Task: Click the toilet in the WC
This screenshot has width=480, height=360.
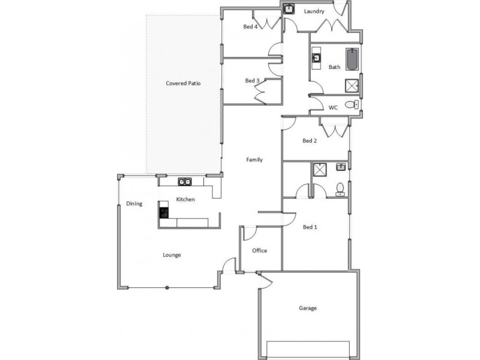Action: [355, 105]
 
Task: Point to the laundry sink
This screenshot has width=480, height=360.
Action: [289, 9]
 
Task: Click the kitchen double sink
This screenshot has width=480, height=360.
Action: [184, 182]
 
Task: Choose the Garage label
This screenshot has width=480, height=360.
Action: [308, 308]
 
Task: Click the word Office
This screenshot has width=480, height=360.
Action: [259, 251]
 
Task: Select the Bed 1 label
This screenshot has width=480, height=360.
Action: [310, 227]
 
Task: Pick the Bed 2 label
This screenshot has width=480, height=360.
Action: [310, 142]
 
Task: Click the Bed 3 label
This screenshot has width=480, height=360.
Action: [252, 81]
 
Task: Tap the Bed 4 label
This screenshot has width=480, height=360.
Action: [250, 27]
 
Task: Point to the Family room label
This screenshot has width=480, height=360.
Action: [254, 160]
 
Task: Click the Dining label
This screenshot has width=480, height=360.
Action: [134, 204]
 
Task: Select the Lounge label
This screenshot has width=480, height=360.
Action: [172, 255]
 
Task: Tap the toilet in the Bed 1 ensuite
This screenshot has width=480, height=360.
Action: [340, 190]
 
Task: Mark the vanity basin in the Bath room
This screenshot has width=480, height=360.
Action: [316, 58]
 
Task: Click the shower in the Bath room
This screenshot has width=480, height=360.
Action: [352, 86]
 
